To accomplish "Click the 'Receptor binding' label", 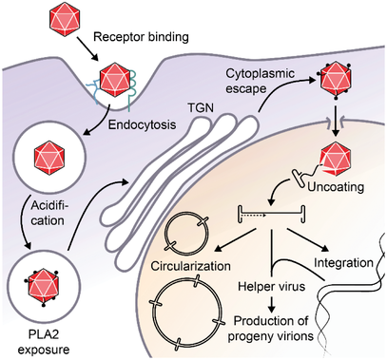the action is (141, 37).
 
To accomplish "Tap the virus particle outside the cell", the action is (65, 18).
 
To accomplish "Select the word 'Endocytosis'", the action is (142, 124).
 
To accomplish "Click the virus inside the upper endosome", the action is (49, 158).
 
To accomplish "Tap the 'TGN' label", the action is (201, 108).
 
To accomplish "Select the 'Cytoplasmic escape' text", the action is (260, 81).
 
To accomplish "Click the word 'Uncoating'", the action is (336, 187).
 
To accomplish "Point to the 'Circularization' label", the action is (191, 266).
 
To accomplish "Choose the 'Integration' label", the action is (343, 262).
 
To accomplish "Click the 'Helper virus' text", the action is (272, 287).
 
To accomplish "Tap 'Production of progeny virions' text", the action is (271, 329).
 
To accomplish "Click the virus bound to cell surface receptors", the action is (114, 79).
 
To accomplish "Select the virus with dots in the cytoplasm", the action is (335, 80).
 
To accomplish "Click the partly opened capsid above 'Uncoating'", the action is (336, 159).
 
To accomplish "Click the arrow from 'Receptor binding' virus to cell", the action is (86, 49).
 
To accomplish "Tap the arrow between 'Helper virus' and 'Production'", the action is (271, 304).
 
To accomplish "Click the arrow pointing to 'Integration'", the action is (308, 239).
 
